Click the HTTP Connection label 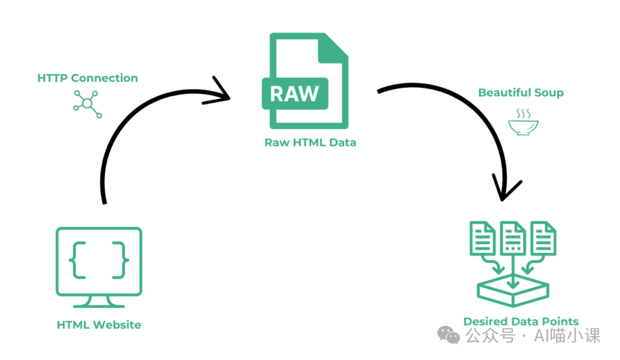[x=87, y=79]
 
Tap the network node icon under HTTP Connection [x=87, y=104]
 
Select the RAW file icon [x=308, y=81]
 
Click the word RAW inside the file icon [x=295, y=92]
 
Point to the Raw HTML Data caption [x=310, y=142]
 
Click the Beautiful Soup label [x=521, y=93]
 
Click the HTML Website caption [x=99, y=325]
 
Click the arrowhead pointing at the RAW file [x=222, y=91]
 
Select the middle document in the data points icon [x=512, y=238]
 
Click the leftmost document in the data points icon [x=483, y=238]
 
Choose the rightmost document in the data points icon [x=543, y=238]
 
